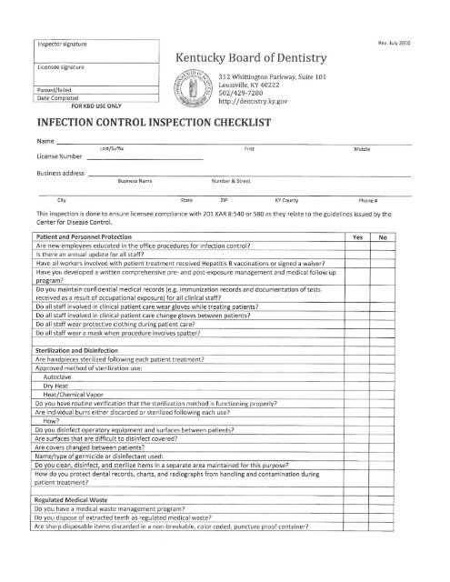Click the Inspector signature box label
coord(59,42)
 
